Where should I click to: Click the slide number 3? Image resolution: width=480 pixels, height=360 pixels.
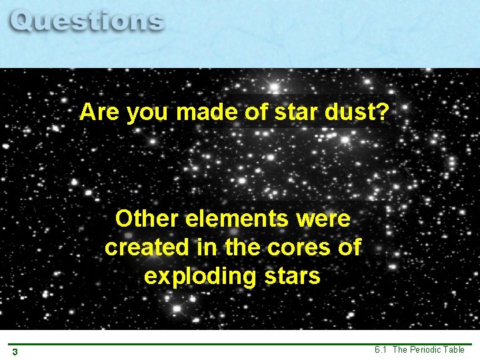15,351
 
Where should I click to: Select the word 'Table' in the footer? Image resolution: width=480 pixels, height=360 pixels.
454,349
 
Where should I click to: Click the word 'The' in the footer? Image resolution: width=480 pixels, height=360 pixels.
401,349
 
